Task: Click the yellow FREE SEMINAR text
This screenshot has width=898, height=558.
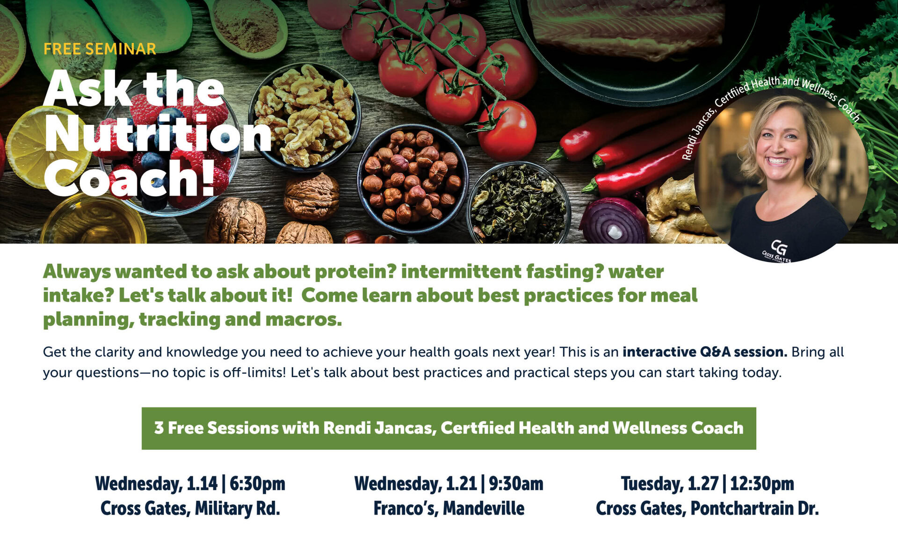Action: point(100,49)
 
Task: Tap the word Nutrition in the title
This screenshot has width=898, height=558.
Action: point(158,135)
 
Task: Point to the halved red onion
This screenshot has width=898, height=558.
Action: point(614,220)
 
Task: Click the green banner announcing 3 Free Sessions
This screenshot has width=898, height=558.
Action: point(449,428)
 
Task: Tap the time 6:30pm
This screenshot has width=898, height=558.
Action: point(257,484)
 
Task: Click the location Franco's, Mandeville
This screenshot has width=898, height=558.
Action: point(449,508)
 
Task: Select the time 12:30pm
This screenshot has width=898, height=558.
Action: point(762,484)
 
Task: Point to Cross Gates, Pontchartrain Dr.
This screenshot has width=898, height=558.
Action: point(707,508)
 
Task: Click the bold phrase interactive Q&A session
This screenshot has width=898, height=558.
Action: point(705,352)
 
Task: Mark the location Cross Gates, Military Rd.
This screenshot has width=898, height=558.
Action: point(190,508)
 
